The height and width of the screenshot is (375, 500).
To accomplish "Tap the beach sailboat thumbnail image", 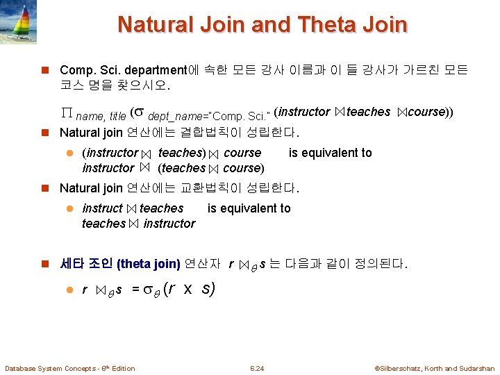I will tap(22, 20).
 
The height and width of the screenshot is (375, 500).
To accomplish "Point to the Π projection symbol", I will tap(67, 113).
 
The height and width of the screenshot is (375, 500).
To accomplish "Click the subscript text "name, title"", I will tap(101, 116).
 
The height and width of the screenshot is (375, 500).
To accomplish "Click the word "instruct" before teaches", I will tap(102, 208).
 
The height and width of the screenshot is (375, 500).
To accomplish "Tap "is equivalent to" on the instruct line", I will tap(249, 208).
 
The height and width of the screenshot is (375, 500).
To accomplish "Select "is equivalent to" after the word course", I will tap(330, 153).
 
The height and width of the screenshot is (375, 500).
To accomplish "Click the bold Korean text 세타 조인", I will tap(87, 264).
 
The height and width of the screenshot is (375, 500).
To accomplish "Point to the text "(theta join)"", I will tap(149, 264).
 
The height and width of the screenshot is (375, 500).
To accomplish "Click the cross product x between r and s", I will tap(187, 289).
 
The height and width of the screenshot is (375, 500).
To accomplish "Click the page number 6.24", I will tap(258, 368).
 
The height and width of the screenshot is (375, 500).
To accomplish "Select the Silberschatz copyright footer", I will tap(434, 368).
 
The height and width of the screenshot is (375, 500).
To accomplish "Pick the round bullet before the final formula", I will tap(69, 290).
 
